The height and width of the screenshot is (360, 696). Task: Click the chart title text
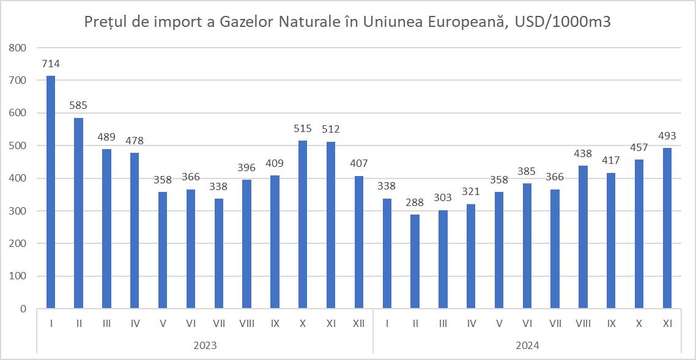click(347, 23)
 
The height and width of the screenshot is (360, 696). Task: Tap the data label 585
click(79, 105)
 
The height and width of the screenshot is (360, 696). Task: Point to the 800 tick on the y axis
click(18, 48)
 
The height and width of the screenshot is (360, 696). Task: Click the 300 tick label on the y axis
click(18, 211)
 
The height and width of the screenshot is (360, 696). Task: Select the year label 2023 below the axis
click(205, 345)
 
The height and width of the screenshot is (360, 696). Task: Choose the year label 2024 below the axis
click(527, 345)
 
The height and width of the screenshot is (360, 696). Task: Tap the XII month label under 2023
click(359, 323)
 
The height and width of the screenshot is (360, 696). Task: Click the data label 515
click(303, 128)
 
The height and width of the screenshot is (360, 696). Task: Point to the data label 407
click(359, 164)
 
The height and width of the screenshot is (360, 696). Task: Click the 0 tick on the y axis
click(23, 309)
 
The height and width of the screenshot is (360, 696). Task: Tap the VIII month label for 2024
click(583, 323)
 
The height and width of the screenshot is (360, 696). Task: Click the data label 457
click(640, 147)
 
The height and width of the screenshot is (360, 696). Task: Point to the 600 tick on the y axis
click(18, 113)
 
